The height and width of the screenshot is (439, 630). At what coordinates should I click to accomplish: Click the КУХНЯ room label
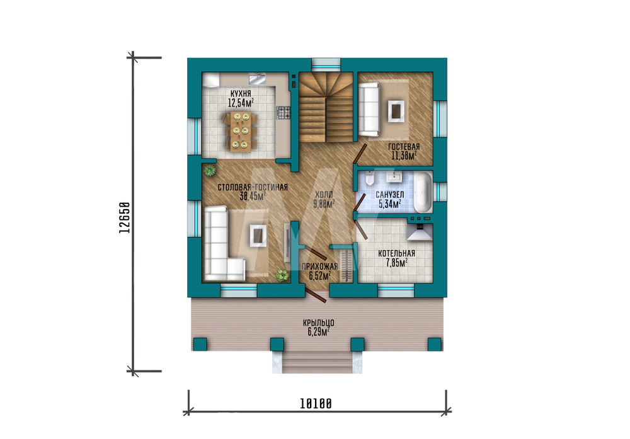pyautogui.click(x=241, y=94)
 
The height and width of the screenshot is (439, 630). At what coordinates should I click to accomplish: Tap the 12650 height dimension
pyautogui.click(x=125, y=218)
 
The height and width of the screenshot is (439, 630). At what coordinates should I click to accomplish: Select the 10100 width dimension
pyautogui.click(x=316, y=403)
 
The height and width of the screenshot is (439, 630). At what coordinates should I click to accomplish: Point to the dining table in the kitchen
pyautogui.click(x=241, y=132)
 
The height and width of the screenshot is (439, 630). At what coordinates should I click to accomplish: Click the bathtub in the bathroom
pyautogui.click(x=423, y=192)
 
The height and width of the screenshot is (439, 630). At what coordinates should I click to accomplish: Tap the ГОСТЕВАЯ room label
pyautogui.click(x=404, y=147)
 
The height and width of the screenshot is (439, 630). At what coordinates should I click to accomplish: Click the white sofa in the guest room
pyautogui.click(x=369, y=110)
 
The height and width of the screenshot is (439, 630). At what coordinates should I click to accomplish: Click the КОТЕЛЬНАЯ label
pyautogui.click(x=396, y=253)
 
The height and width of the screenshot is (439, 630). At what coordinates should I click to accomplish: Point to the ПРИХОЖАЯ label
pyautogui.click(x=320, y=266)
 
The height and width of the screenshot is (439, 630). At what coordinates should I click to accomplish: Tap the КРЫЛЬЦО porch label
pyautogui.click(x=319, y=322)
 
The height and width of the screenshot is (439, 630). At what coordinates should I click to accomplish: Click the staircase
pyautogui.click(x=326, y=107)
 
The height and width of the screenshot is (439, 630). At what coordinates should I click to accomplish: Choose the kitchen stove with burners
pyautogui.click(x=283, y=113)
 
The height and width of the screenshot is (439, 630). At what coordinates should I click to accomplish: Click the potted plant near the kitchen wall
pyautogui.click(x=209, y=170)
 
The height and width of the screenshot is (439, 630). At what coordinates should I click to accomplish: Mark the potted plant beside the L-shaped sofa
pyautogui.click(x=282, y=275)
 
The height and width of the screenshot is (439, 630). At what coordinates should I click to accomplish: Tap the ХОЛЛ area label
pyautogui.click(x=324, y=193)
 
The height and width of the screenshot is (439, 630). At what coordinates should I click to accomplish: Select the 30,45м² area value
pyautogui.click(x=253, y=197)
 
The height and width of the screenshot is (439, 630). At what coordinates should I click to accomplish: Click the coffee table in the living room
pyautogui.click(x=258, y=236)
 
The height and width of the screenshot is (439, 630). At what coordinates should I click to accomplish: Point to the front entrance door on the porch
pyautogui.click(x=315, y=294)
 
